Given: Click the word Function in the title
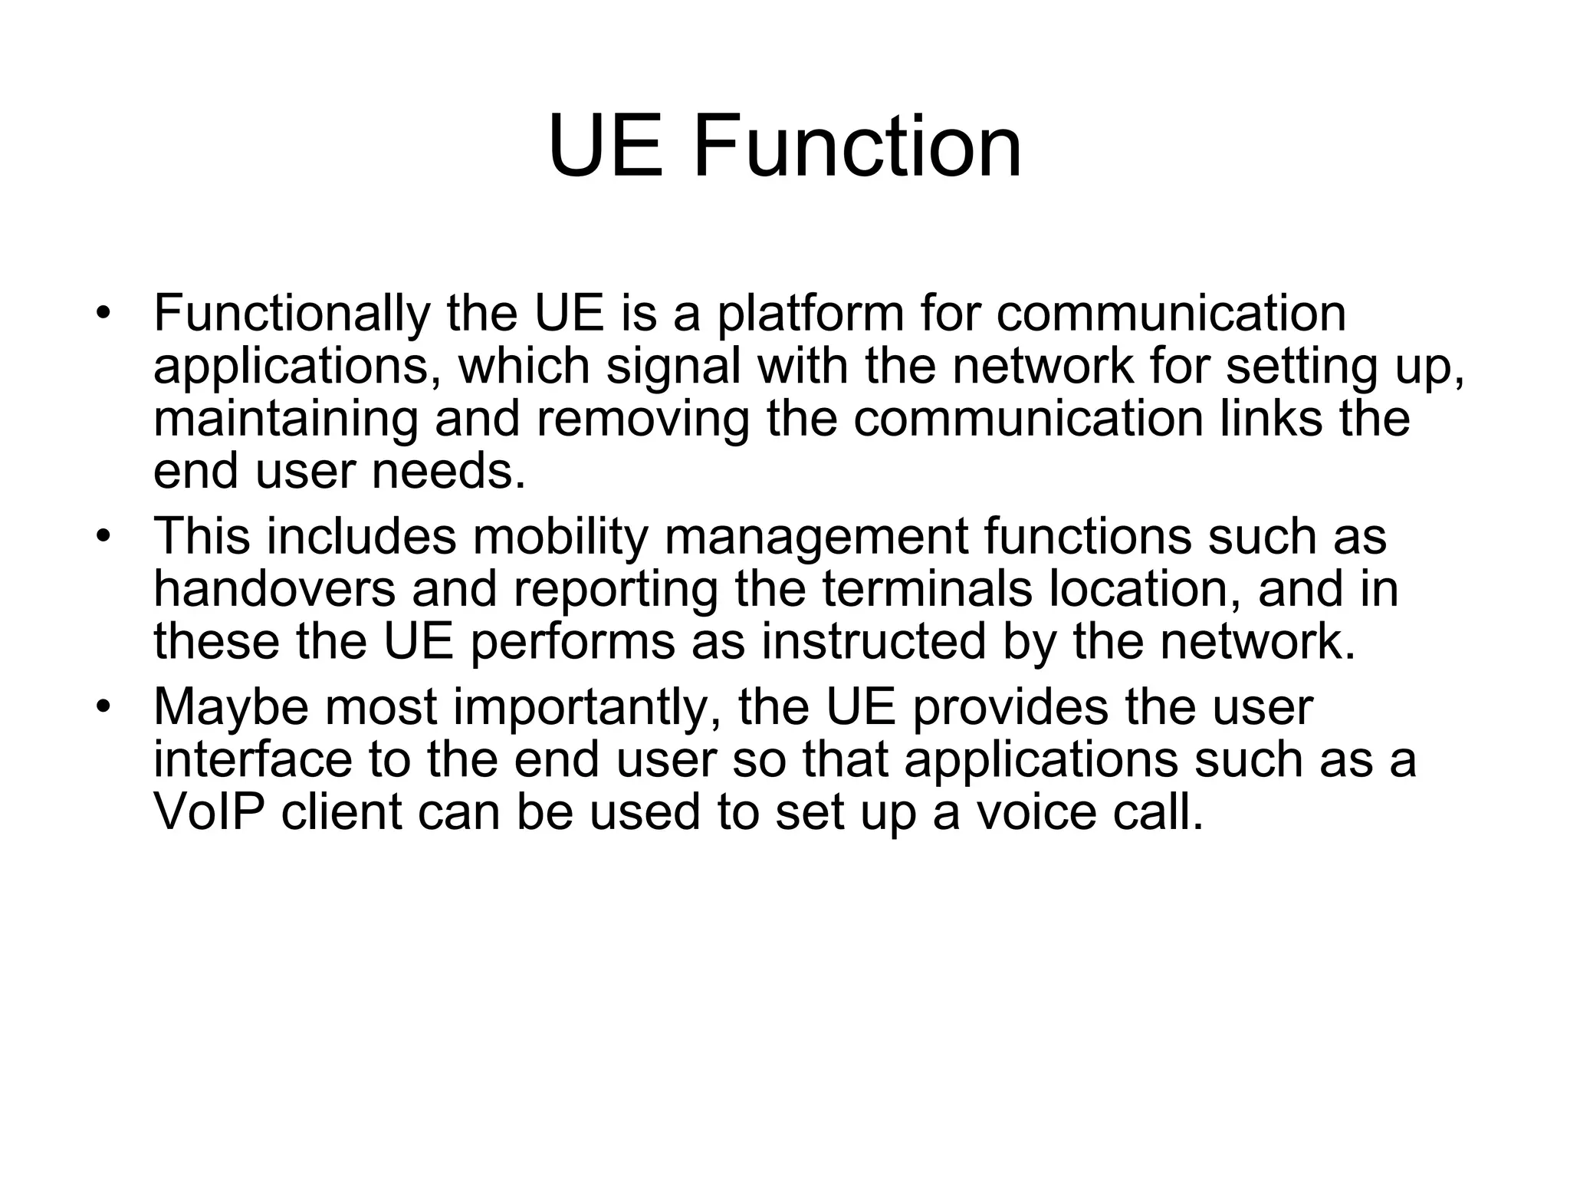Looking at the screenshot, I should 857,146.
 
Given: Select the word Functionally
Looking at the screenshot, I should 291,314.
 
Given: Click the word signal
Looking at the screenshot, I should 674,367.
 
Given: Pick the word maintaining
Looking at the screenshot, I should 286,419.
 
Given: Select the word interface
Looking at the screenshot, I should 253,758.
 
